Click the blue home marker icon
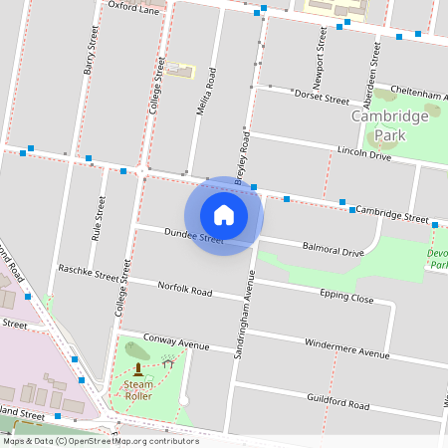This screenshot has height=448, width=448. (x=224, y=215)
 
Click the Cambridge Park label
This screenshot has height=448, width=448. (x=390, y=124)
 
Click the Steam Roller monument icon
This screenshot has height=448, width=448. (x=137, y=369)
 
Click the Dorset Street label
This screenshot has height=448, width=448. (x=322, y=98)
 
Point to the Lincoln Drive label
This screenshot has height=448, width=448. (x=364, y=154)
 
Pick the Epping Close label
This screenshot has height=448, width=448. (x=346, y=297)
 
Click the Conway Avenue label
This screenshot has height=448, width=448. (x=177, y=342)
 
